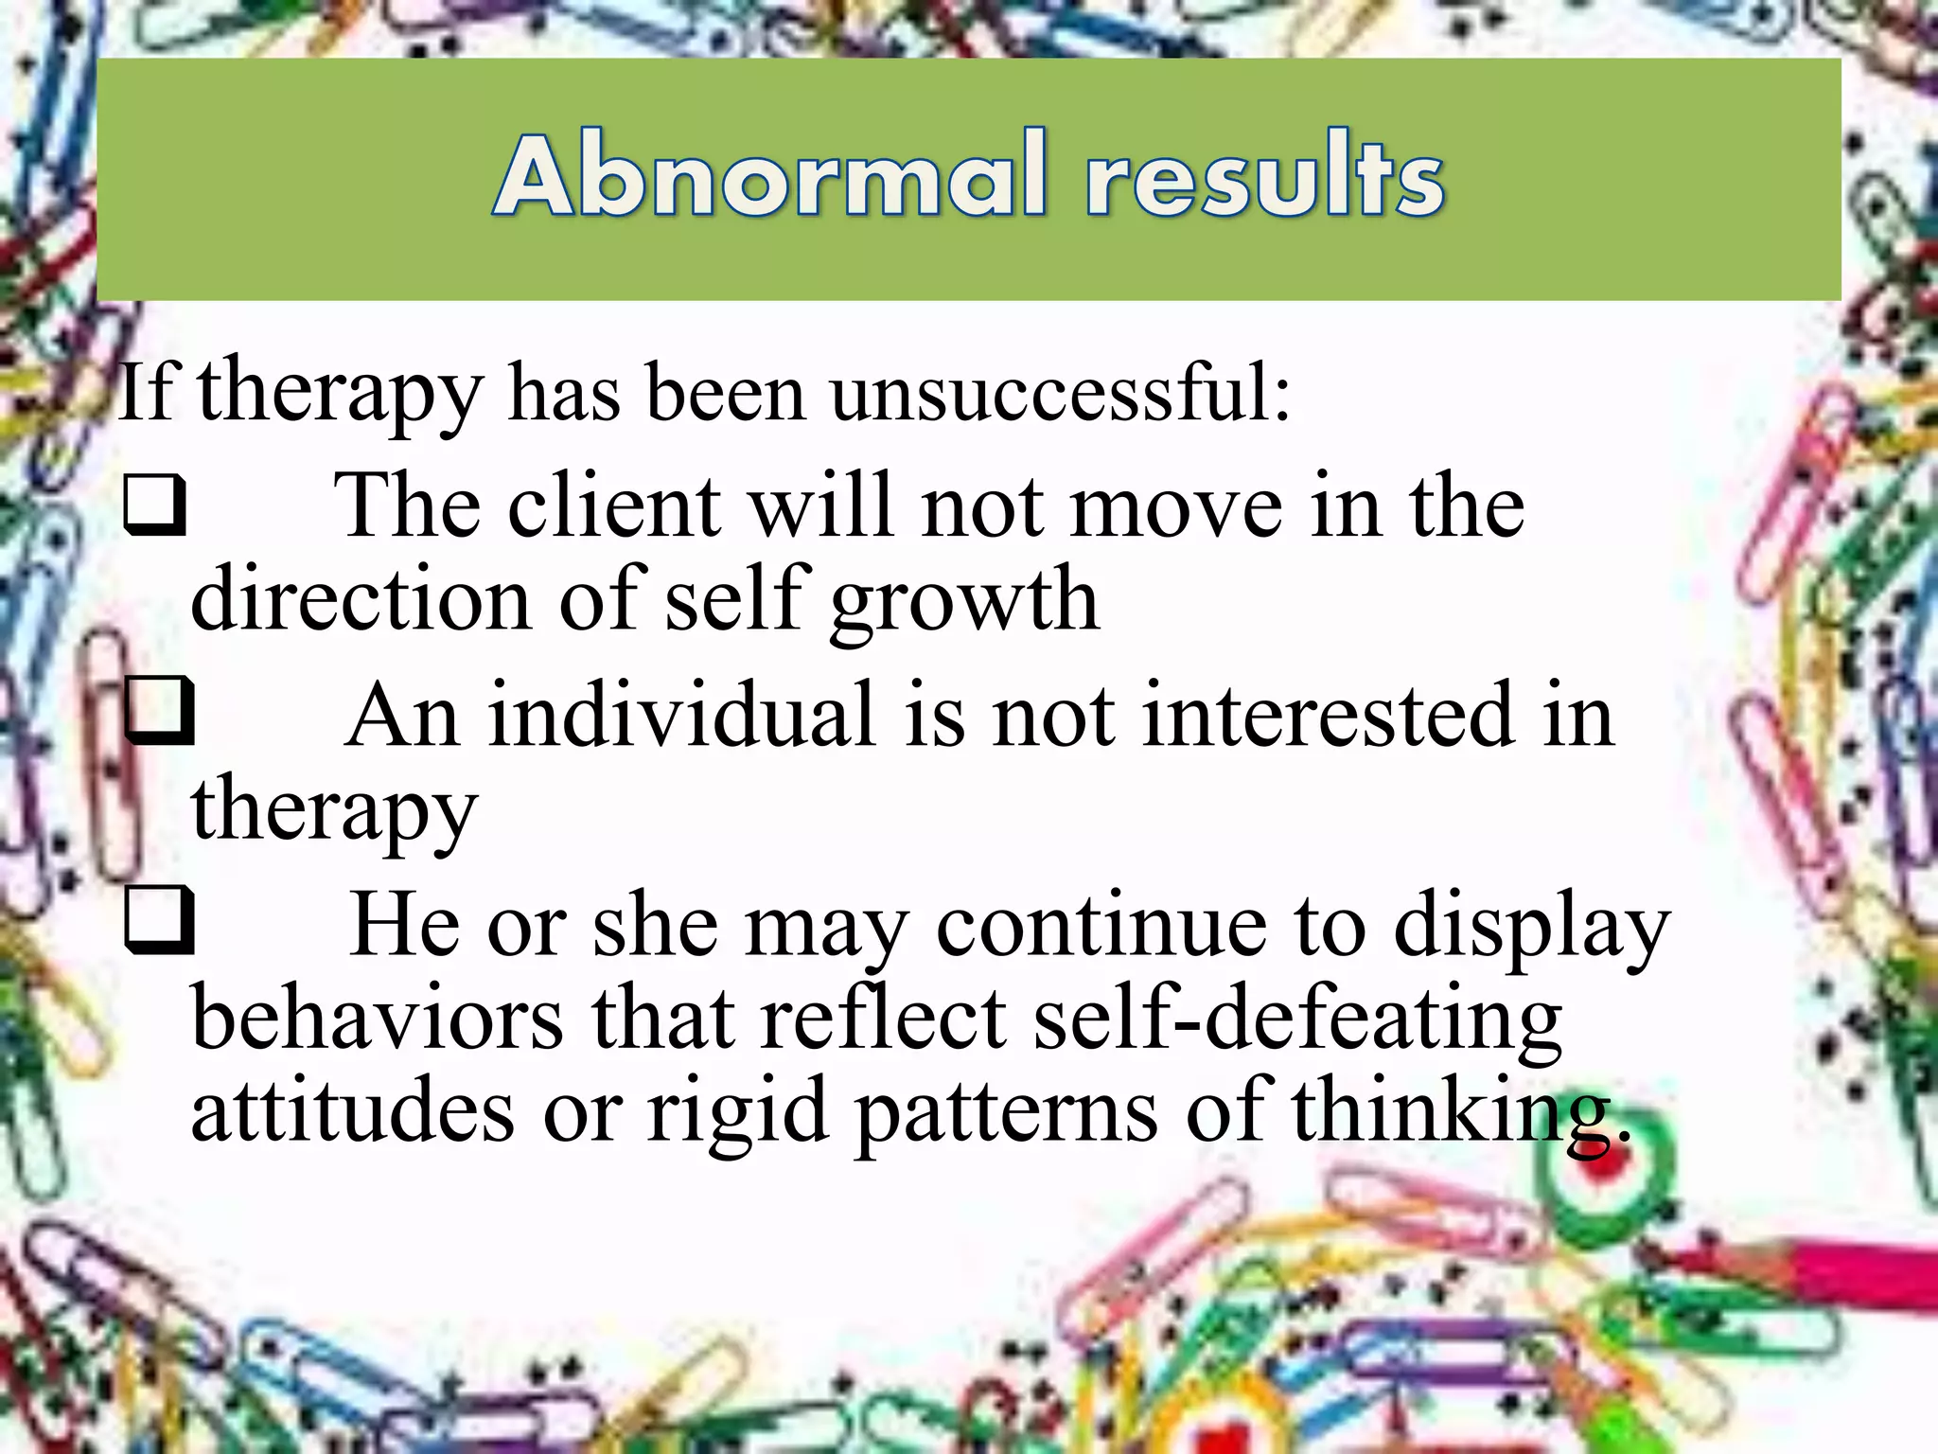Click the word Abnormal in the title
[x=770, y=176]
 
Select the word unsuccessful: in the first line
[x=1060, y=393]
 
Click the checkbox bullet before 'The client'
[x=154, y=505]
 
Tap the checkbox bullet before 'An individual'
[x=159, y=711]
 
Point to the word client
[x=615, y=507]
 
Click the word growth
[x=964, y=600]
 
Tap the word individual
[x=680, y=717]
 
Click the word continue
[x=1101, y=926]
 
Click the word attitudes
[x=353, y=1109]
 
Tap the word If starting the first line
[x=148, y=393]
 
